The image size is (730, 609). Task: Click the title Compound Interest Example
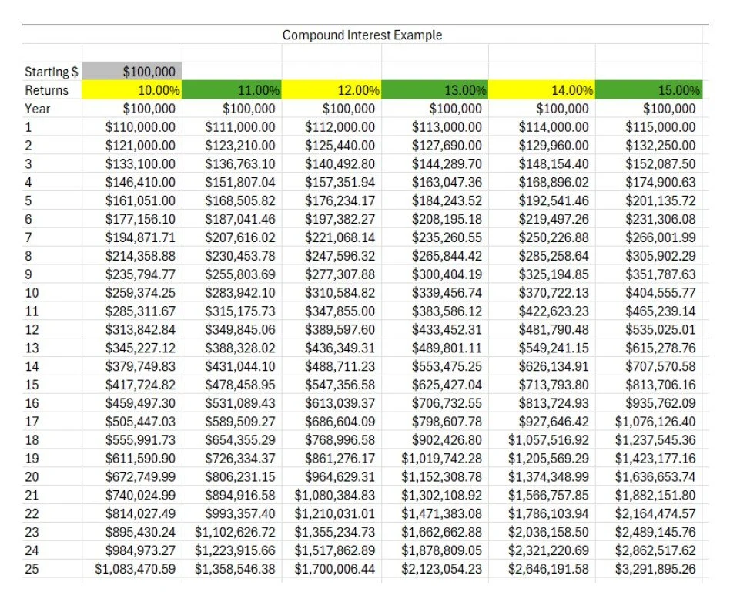pos(362,35)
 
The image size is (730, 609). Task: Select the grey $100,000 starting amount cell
pos(149,72)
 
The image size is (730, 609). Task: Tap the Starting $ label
pos(52,72)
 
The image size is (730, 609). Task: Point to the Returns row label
pos(46,90)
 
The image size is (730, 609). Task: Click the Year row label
pos(38,109)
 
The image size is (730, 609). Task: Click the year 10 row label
pos(32,293)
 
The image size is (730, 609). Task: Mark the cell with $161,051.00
pos(140,200)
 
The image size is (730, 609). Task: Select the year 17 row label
pos(32,422)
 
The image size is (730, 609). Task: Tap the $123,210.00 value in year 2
pos(240,146)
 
